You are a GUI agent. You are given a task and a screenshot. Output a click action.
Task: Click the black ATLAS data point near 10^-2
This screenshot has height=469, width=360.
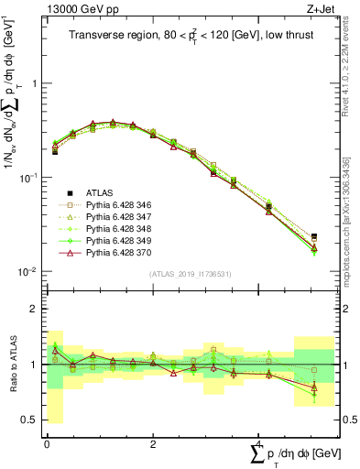[x=314, y=236]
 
